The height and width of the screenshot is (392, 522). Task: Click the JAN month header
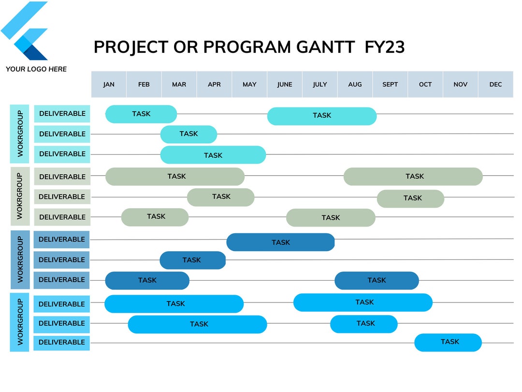[x=109, y=84]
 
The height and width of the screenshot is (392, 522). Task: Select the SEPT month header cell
[x=390, y=84]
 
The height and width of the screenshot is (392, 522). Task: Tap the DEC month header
[x=495, y=84]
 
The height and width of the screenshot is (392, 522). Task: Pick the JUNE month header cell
[x=285, y=84]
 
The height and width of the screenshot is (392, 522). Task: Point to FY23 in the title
[x=385, y=47]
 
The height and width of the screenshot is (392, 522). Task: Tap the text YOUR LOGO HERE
[x=36, y=69]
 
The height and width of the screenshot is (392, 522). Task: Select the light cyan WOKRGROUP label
[x=20, y=134]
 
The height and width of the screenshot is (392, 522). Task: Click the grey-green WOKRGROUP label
[x=20, y=196]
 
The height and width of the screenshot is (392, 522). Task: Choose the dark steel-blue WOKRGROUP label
[x=20, y=259]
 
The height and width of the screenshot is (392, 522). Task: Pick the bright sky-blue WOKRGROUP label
[x=20, y=322]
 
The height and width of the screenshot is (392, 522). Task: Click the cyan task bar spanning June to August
[x=321, y=116]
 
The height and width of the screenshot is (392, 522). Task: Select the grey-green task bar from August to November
[x=413, y=177]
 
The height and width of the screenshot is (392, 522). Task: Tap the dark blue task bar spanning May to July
[x=280, y=242]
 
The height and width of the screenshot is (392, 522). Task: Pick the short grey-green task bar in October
[x=410, y=198]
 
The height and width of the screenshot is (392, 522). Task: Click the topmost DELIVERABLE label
[x=62, y=114]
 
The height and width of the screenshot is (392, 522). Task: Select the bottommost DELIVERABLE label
[x=61, y=342]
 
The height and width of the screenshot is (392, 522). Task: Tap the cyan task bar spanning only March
[x=188, y=134]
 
